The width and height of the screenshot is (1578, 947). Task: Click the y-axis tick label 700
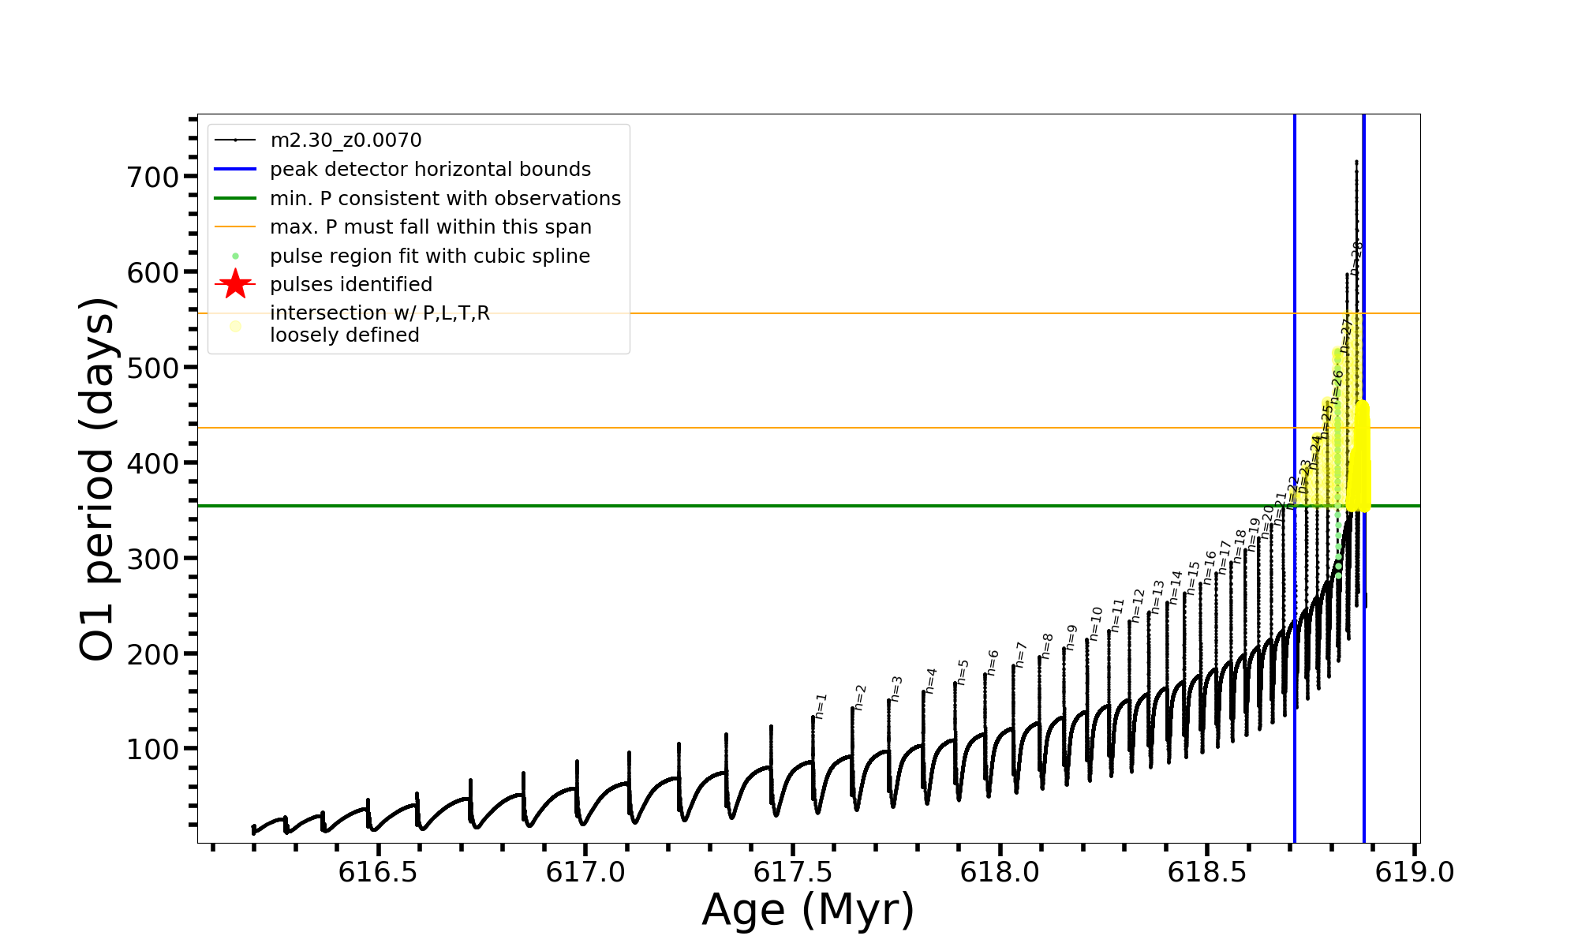(153, 177)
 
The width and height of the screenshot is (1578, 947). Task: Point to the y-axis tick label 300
(153, 559)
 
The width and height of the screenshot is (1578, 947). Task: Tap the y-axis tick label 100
(153, 750)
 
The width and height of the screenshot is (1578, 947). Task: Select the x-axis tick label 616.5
(378, 872)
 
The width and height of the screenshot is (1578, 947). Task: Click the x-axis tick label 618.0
(1000, 872)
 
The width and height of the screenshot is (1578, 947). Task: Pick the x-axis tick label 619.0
(1415, 872)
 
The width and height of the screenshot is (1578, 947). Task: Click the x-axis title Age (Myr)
(808, 910)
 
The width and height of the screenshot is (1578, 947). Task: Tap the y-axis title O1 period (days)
(99, 479)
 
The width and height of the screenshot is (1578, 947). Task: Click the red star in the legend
(235, 285)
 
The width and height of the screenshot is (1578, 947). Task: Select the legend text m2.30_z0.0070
(346, 140)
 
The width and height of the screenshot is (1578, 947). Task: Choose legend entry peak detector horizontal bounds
(430, 170)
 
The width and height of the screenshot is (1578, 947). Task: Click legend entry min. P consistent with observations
(445, 199)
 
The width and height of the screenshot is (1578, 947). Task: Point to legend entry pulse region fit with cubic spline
(429, 256)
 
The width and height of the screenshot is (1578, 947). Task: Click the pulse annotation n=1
(821, 706)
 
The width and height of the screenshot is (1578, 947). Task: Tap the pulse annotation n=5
(963, 672)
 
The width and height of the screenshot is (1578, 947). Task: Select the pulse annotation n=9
(1071, 637)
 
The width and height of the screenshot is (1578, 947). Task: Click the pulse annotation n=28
(1356, 258)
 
